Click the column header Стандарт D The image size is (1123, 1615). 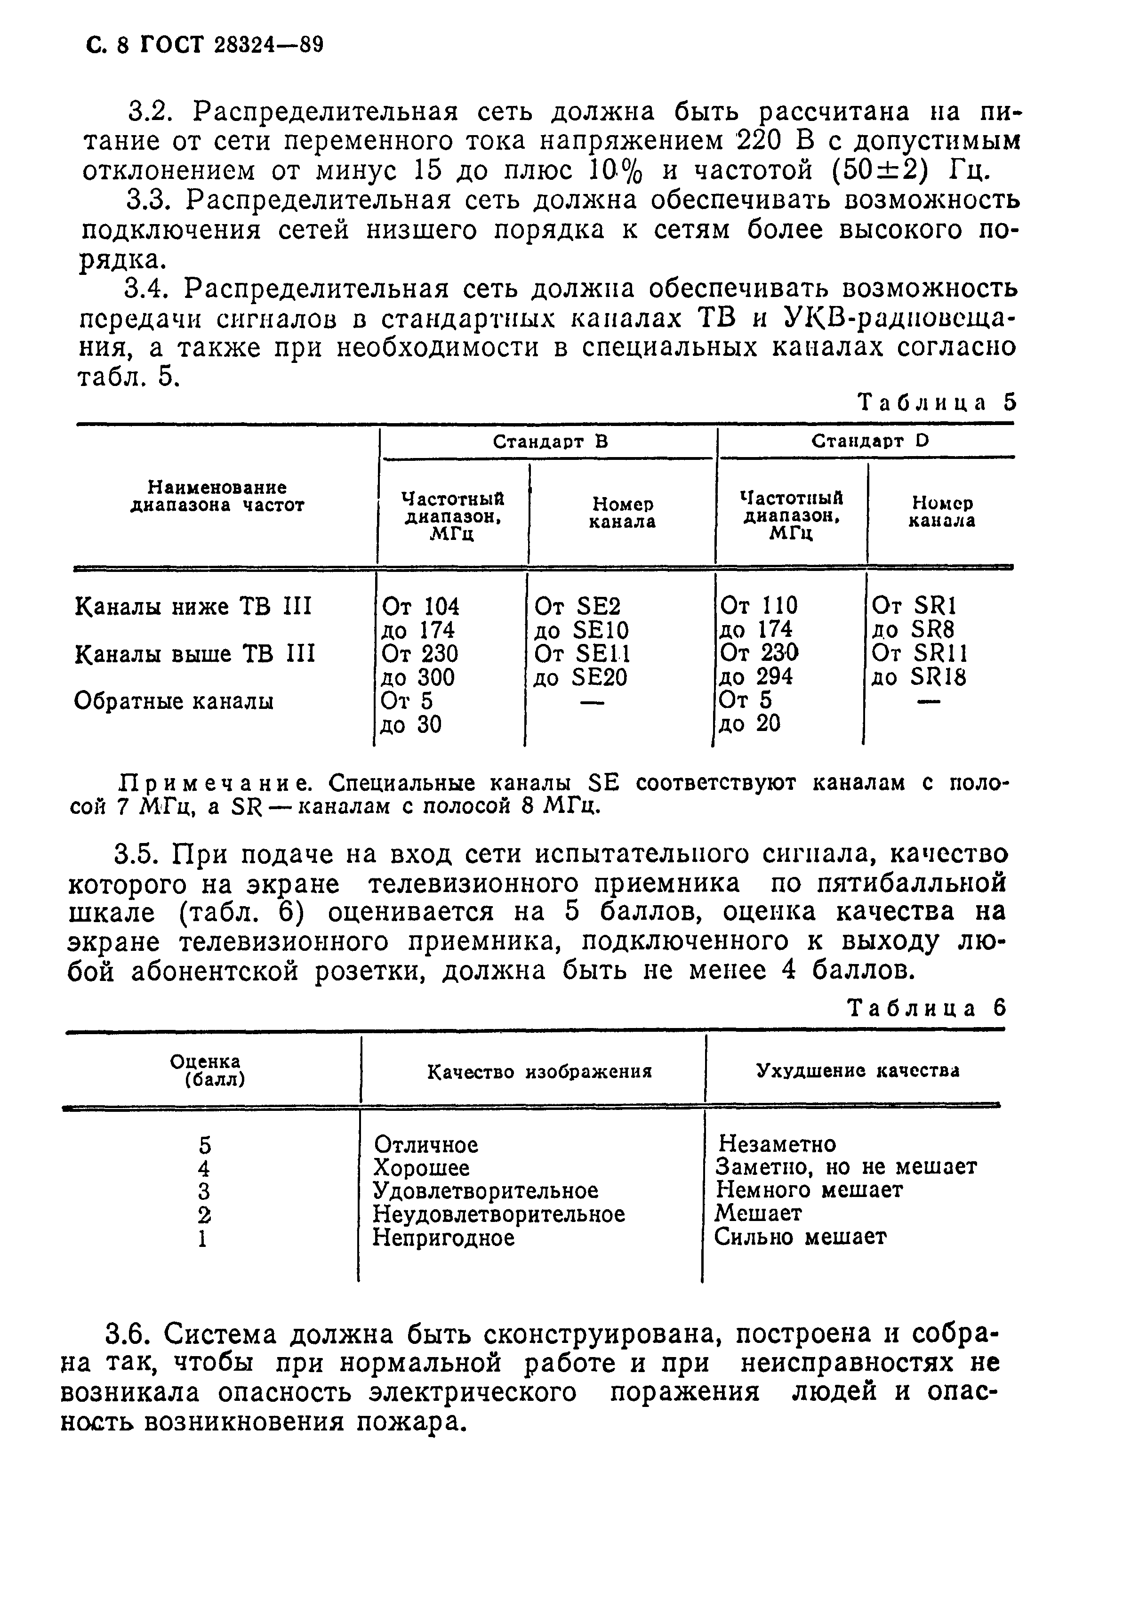[x=871, y=441]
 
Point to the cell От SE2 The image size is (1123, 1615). [x=578, y=606]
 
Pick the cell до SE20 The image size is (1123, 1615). [x=580, y=677]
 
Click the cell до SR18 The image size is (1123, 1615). [x=918, y=677]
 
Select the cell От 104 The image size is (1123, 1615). [x=420, y=606]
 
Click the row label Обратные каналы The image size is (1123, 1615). [x=174, y=701]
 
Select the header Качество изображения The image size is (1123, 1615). [x=539, y=1072]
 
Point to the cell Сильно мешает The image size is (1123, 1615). [x=800, y=1237]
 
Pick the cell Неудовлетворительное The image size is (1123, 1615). [x=498, y=1214]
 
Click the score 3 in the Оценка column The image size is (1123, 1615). [x=204, y=1191]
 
